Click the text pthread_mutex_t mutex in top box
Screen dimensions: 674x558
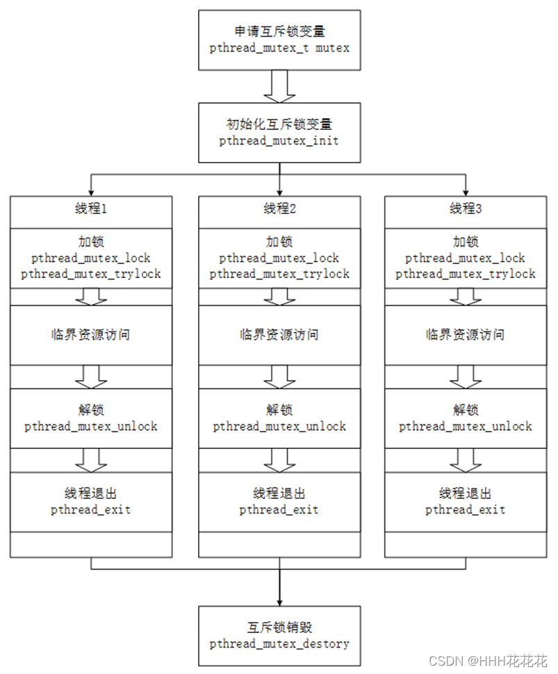coord(279,48)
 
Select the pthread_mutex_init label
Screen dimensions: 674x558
coord(279,141)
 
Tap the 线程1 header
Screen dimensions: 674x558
coord(91,209)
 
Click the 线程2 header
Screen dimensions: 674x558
coord(279,209)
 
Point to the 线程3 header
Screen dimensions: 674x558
coord(466,209)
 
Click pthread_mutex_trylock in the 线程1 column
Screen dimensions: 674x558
coord(91,274)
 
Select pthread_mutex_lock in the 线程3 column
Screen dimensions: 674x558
coord(466,258)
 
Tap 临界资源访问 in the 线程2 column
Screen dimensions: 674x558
coord(279,335)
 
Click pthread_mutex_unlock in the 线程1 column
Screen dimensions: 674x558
coord(91,426)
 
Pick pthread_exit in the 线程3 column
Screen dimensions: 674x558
coord(466,510)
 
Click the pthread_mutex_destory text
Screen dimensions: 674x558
coord(279,643)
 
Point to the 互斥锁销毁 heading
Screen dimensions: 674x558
coord(279,627)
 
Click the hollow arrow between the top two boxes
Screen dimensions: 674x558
coord(279,87)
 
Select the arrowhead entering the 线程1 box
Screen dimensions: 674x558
coord(91,191)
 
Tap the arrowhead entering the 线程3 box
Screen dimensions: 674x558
coord(466,191)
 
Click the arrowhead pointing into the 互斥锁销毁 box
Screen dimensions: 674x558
coord(279,600)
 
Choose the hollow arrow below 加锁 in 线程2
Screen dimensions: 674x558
coord(279,296)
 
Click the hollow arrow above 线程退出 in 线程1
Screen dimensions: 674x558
coord(91,459)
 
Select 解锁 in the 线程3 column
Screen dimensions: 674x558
coord(466,410)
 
